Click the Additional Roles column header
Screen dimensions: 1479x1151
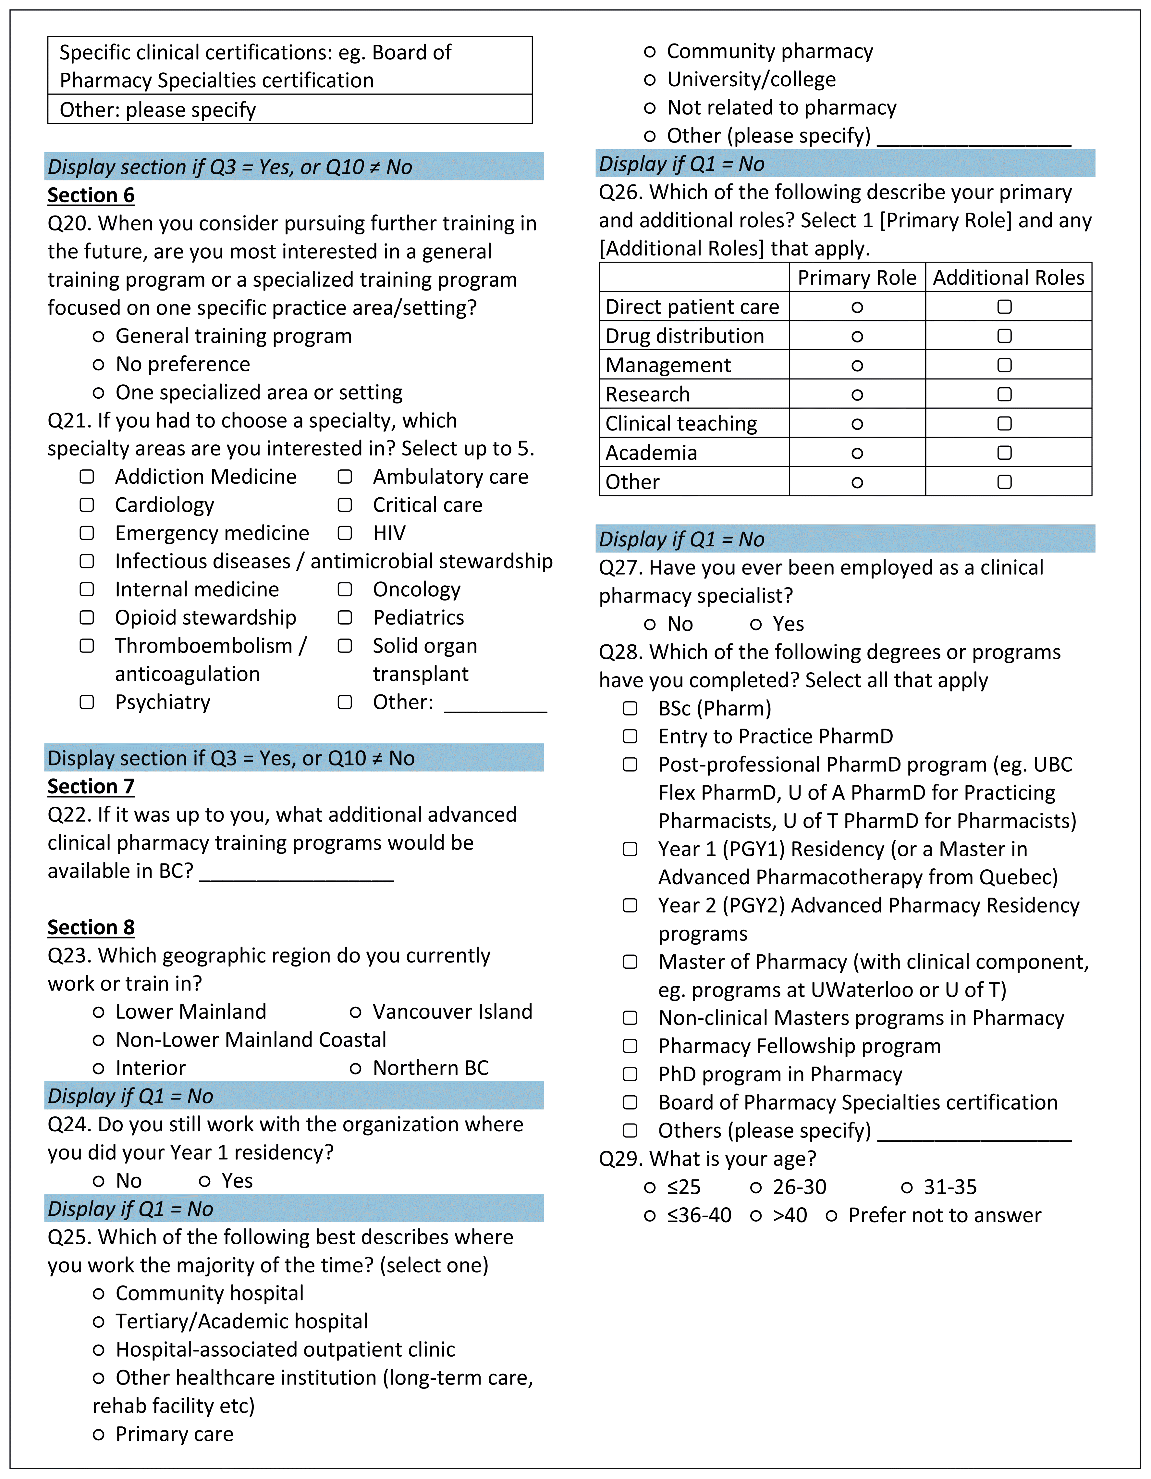1008,278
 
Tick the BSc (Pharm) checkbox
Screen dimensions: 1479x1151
631,708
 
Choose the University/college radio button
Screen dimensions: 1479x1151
650,80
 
